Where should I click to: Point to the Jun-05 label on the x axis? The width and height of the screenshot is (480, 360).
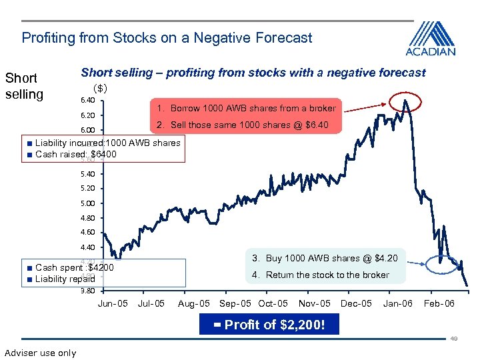[x=113, y=304]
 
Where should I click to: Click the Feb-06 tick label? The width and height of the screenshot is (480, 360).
[x=440, y=304]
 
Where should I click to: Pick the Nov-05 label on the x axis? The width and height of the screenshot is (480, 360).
[x=314, y=304]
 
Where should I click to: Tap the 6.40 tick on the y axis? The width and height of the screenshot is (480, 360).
[x=87, y=101]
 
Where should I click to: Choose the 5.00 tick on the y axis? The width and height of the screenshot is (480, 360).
[x=87, y=203]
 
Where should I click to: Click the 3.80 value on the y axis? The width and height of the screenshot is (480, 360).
[x=87, y=291]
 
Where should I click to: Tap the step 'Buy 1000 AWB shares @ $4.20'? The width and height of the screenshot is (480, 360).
[x=325, y=258]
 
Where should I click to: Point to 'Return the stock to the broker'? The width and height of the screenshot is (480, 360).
[x=321, y=275]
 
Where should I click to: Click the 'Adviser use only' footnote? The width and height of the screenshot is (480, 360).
[x=40, y=353]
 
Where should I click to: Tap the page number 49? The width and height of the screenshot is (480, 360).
[x=453, y=339]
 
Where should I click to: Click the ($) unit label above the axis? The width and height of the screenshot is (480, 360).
[x=101, y=87]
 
